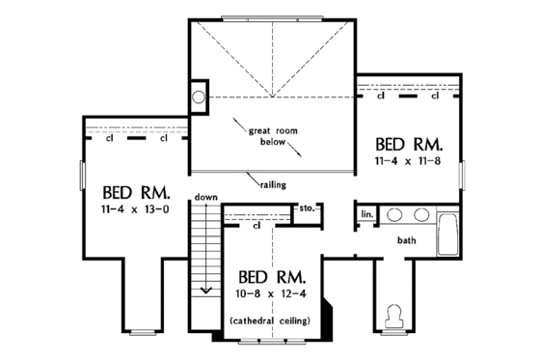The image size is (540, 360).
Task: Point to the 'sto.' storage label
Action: [x=308, y=207]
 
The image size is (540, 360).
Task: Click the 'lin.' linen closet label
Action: [x=367, y=214]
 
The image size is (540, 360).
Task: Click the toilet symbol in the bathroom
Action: [x=393, y=315]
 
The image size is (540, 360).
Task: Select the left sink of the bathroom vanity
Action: [x=394, y=214]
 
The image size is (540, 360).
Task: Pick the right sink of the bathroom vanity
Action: [x=422, y=214]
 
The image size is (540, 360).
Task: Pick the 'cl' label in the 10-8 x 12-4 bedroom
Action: [x=257, y=228]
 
